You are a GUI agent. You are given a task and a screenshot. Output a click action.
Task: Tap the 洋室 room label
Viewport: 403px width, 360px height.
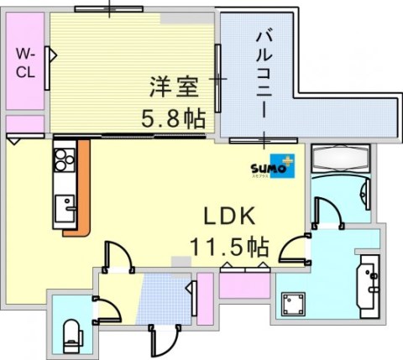175,86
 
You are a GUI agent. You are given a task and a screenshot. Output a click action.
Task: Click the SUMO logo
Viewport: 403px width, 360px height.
272,167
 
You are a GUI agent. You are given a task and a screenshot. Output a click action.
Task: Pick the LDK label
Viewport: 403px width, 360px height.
227,216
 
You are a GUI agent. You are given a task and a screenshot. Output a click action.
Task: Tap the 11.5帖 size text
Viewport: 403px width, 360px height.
227,248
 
